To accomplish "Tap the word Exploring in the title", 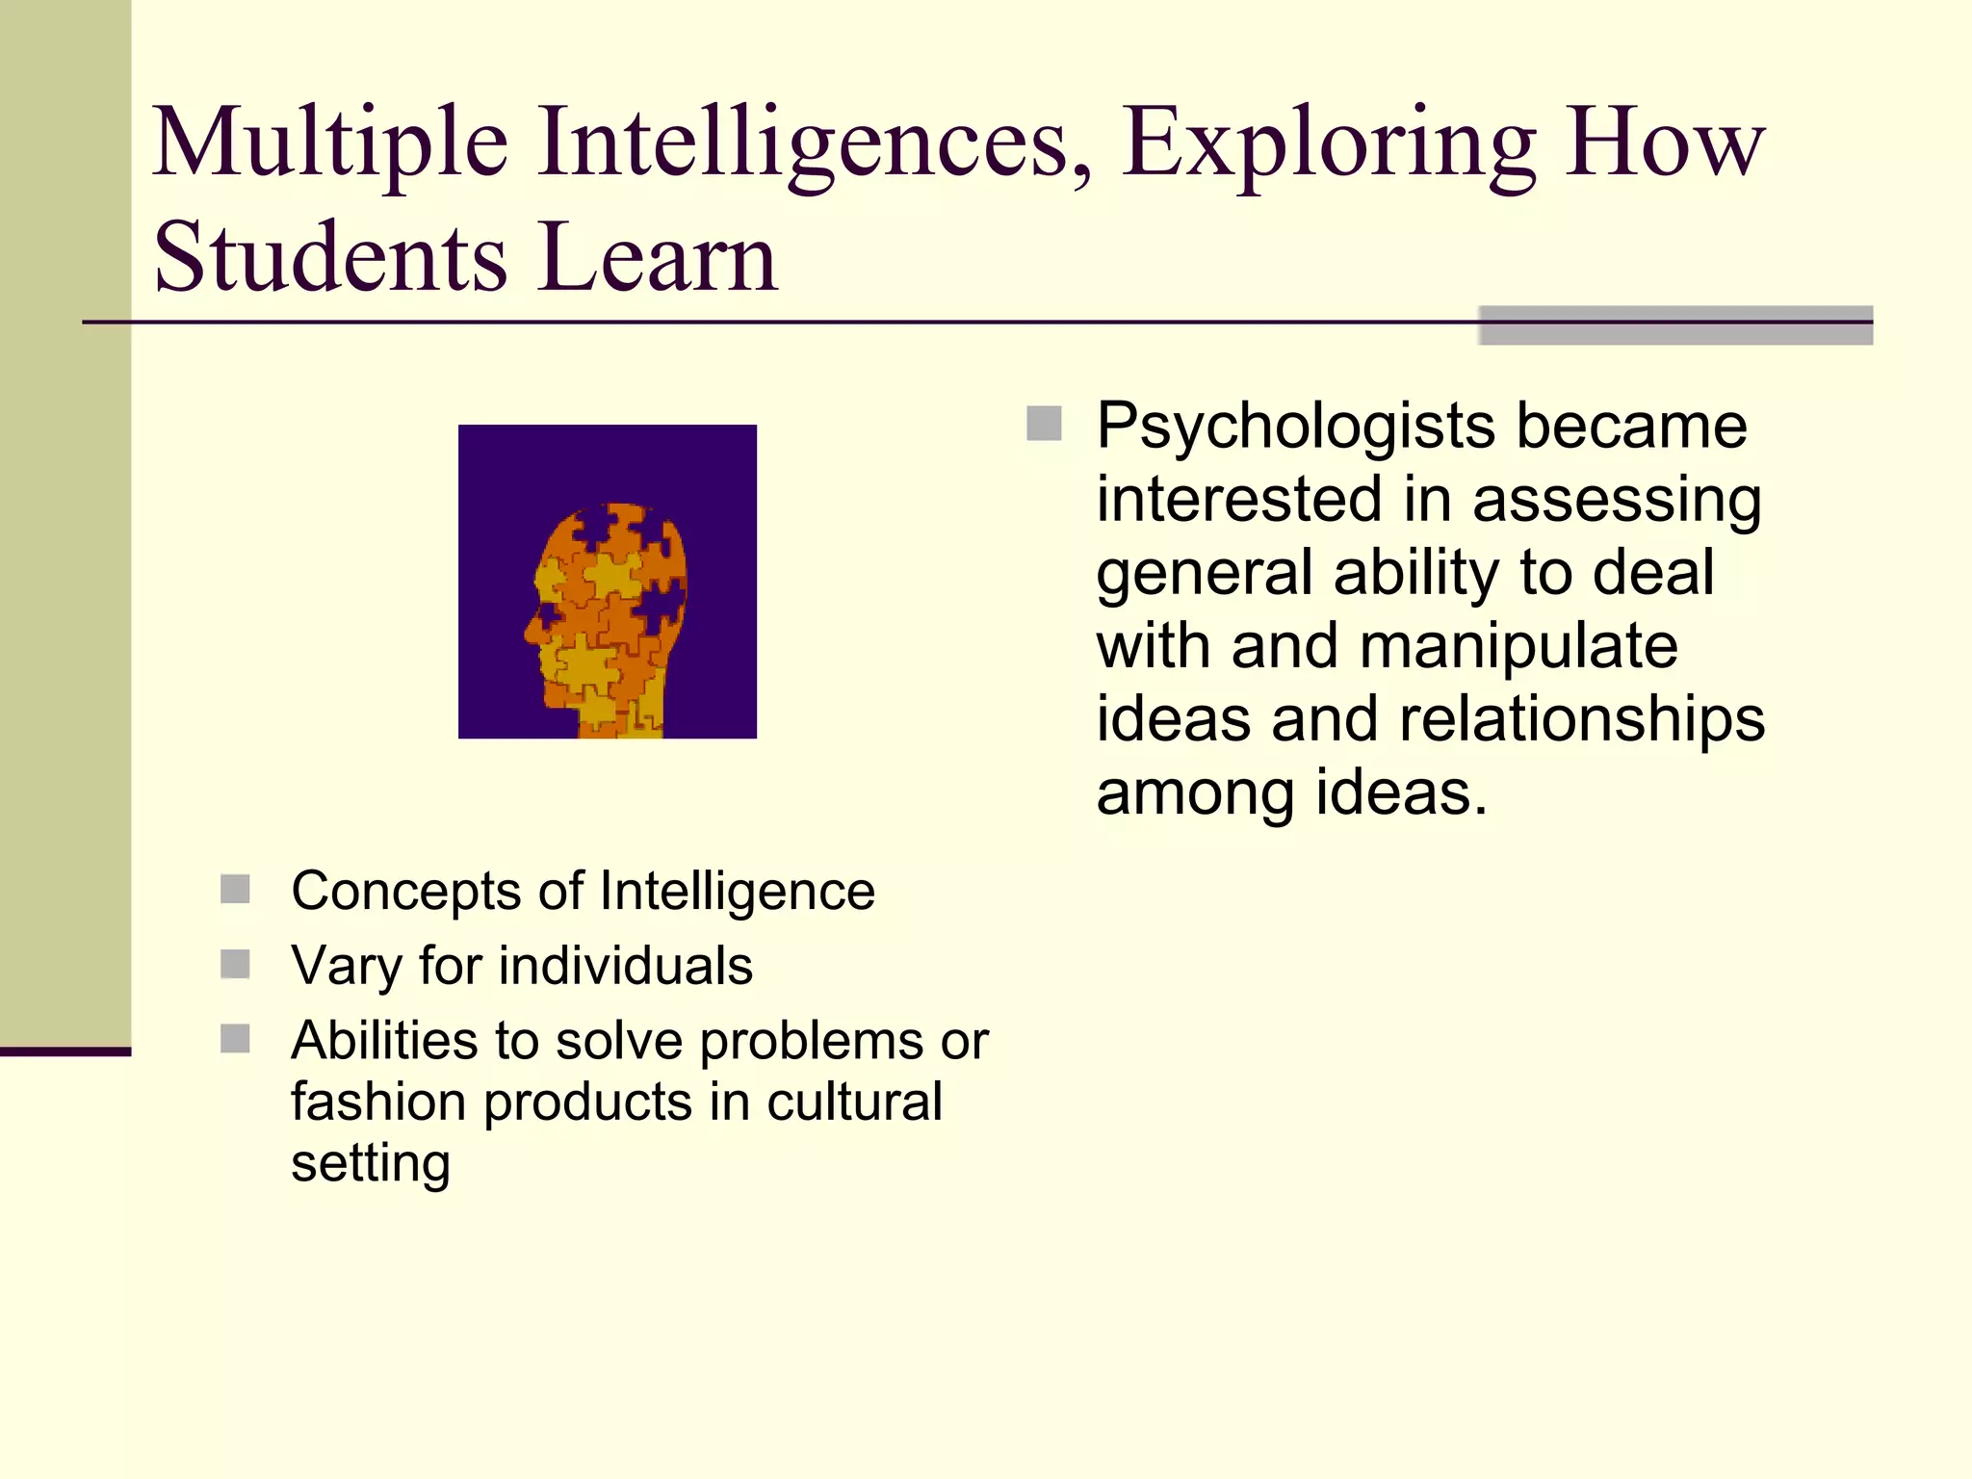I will pyautogui.click(x=1329, y=144).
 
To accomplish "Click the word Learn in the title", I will pyautogui.click(x=658, y=258).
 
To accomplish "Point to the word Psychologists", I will pyautogui.click(x=1296, y=427).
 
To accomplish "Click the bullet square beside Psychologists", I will pyautogui.click(x=1044, y=424).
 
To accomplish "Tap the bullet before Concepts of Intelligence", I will pyautogui.click(x=235, y=889).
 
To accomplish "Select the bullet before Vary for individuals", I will pyautogui.click(x=235, y=964).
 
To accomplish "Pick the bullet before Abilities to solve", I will pyautogui.click(x=235, y=1039).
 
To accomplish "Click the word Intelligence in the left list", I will pyautogui.click(x=737, y=891).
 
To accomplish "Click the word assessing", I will pyautogui.click(x=1617, y=501).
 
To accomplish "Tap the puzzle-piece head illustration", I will pyautogui.click(x=608, y=582).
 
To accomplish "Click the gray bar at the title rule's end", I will pyautogui.click(x=1675, y=325).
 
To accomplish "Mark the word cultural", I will pyautogui.click(x=854, y=1102).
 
